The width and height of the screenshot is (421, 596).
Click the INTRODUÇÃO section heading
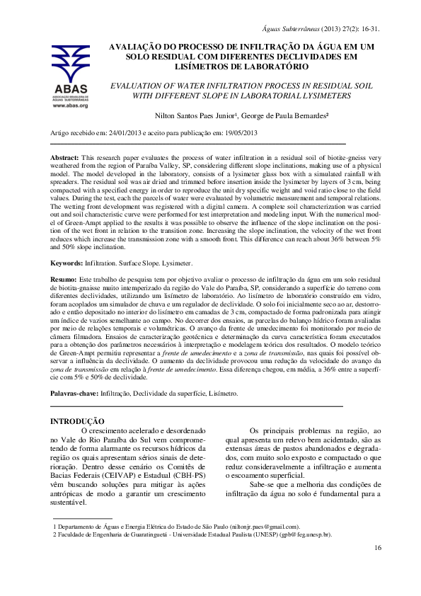point(78,421)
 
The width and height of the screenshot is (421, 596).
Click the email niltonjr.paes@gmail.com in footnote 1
point(263,527)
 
